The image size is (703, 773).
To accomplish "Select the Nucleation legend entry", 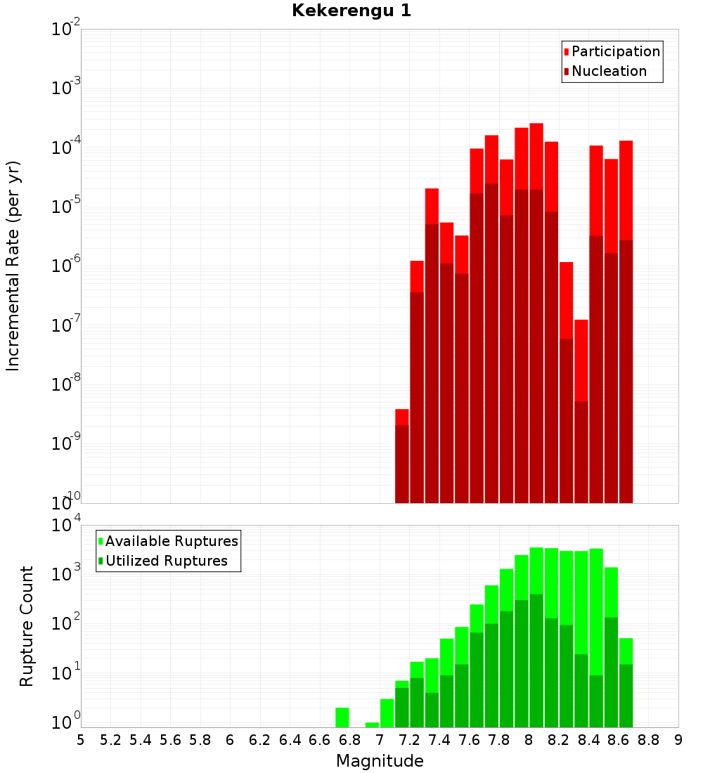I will coord(608,71).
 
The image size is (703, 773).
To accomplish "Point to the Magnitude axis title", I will coord(380,761).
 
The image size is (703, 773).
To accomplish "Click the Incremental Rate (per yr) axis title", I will coord(13,266).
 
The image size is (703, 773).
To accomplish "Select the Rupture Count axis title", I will coord(27,625).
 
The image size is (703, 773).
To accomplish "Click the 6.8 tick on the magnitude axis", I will coord(350,740).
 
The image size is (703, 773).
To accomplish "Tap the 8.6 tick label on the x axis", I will coord(619,740).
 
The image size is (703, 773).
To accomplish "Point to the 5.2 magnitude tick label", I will coord(111,740).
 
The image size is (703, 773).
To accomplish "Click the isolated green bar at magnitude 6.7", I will coord(342,717).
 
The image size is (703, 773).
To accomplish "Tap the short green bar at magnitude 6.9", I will coord(372,725).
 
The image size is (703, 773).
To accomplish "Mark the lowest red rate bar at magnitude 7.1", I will coord(402,457).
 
